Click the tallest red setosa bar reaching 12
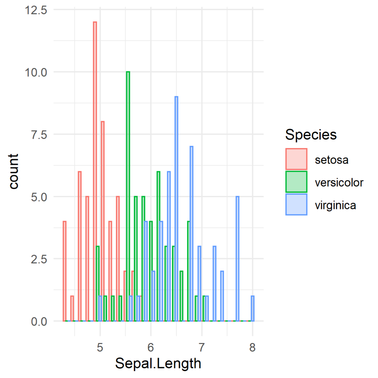[95, 171]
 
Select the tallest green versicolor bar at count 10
[128, 196]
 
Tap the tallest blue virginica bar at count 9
[176, 209]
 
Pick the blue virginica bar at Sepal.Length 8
[252, 309]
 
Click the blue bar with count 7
[192, 234]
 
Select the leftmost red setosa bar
[64, 271]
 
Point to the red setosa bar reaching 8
[103, 221]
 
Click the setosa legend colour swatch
[296, 159]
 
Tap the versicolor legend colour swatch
[296, 182]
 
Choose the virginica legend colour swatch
[296, 205]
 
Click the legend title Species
[311, 135]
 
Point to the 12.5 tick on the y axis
[36, 10]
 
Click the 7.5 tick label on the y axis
[39, 135]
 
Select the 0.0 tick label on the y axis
[39, 322]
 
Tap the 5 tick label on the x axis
[100, 348]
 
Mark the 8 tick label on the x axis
[252, 348]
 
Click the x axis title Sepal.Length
[158, 364]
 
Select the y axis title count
[14, 171]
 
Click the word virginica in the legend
[335, 205]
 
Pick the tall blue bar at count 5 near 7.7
[237, 259]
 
